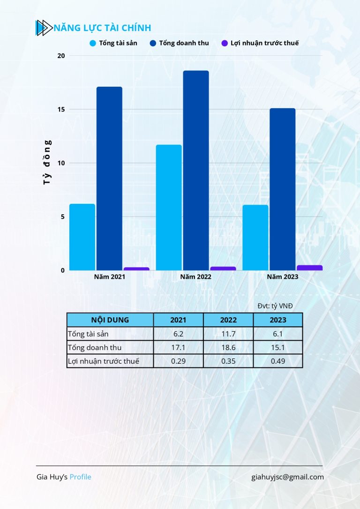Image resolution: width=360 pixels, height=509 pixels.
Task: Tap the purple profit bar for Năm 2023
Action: pos(309,268)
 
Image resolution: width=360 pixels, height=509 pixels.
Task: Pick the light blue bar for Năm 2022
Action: pos(169,207)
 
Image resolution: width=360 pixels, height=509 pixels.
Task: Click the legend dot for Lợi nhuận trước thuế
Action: pos(225,43)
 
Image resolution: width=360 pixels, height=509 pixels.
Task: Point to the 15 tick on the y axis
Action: pos(60,110)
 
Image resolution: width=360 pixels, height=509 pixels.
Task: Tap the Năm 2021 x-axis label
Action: pos(109,277)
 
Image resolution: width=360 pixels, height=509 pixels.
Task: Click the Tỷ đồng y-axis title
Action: pos(47,162)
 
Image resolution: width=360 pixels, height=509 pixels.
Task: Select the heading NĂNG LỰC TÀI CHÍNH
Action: pos(102,28)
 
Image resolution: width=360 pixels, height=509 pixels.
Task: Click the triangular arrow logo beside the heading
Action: pos(44,28)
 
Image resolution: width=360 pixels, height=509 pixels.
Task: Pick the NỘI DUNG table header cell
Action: pos(110,320)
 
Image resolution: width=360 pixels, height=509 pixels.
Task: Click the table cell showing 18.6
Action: pos(228,348)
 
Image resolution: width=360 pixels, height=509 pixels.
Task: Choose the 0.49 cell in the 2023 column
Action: pos(278,361)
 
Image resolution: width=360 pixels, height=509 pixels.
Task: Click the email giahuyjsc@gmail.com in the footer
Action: pos(287,477)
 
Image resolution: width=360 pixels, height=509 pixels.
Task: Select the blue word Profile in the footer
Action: pos(81,477)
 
